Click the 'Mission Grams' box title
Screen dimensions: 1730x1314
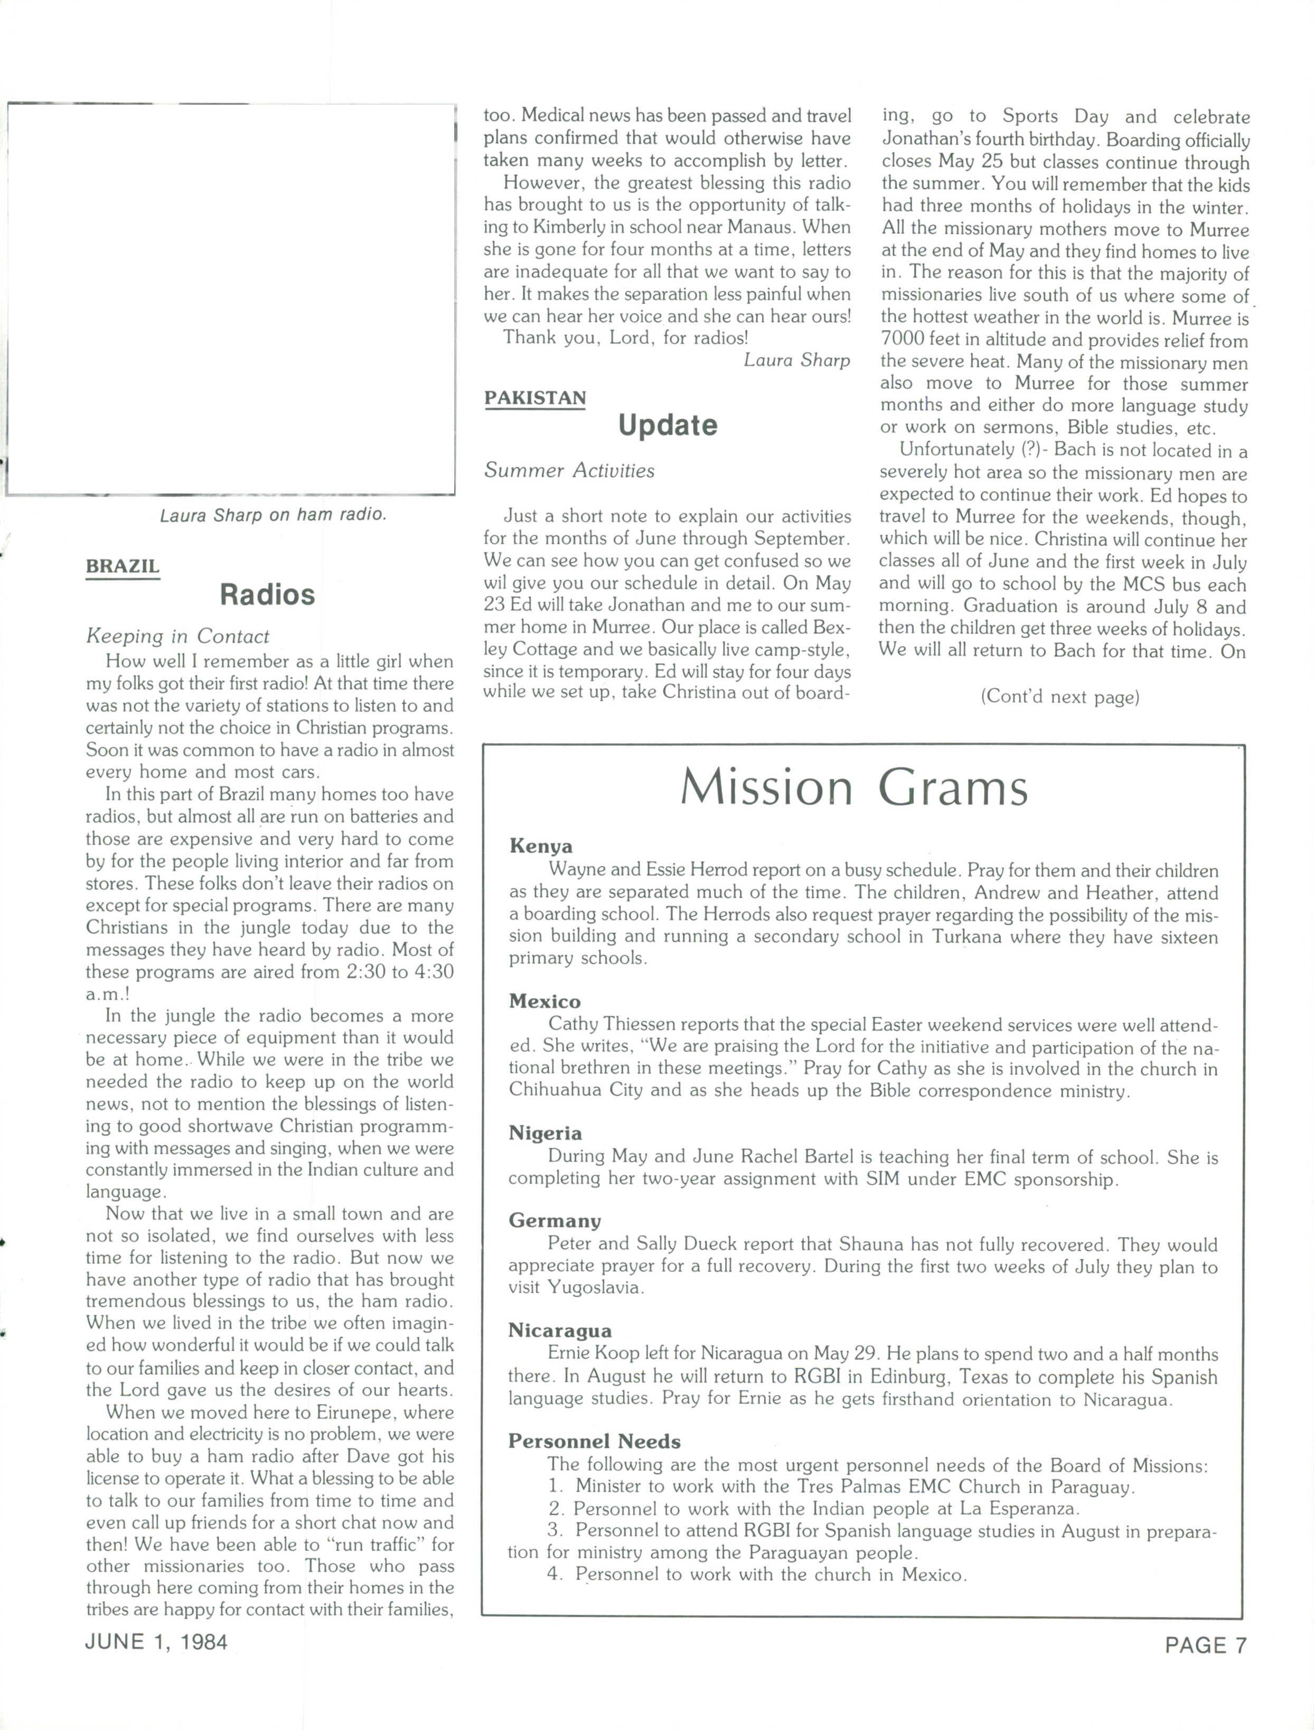[853, 787]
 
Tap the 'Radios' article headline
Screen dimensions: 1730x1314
[267, 594]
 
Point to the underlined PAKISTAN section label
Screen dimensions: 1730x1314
[535, 398]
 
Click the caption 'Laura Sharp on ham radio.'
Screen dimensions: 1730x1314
[273, 515]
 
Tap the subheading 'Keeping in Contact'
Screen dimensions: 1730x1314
[177, 636]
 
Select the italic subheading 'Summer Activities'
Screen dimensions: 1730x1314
[569, 470]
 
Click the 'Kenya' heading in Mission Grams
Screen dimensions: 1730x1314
[540, 846]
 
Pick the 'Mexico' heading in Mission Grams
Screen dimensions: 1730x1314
[545, 1001]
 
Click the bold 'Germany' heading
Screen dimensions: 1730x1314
[554, 1221]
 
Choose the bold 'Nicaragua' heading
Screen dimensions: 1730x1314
[560, 1331]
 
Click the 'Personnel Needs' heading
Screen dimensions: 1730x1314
[595, 1441]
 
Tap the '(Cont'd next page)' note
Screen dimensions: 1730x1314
[1060, 696]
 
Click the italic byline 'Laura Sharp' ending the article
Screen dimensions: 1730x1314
[796, 360]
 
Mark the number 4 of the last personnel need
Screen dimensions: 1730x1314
[555, 1574]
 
